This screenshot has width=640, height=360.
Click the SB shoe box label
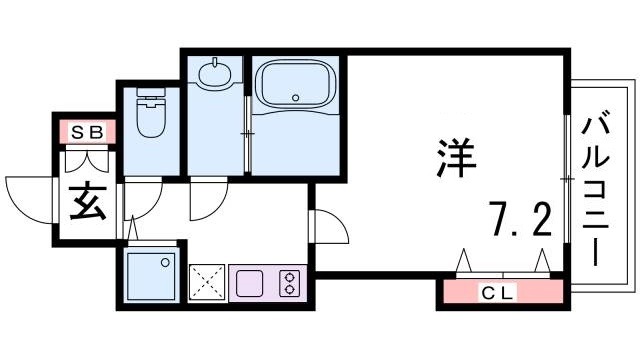85,131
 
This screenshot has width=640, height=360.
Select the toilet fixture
150,118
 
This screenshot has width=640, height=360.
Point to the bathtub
296,90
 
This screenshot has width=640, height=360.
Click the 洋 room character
456,157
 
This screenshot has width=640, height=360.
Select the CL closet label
497,293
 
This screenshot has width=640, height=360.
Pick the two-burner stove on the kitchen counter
290,281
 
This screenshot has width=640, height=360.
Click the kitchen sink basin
249,281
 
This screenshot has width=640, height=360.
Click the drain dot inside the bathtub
296,97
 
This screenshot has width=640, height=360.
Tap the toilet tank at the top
150,100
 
